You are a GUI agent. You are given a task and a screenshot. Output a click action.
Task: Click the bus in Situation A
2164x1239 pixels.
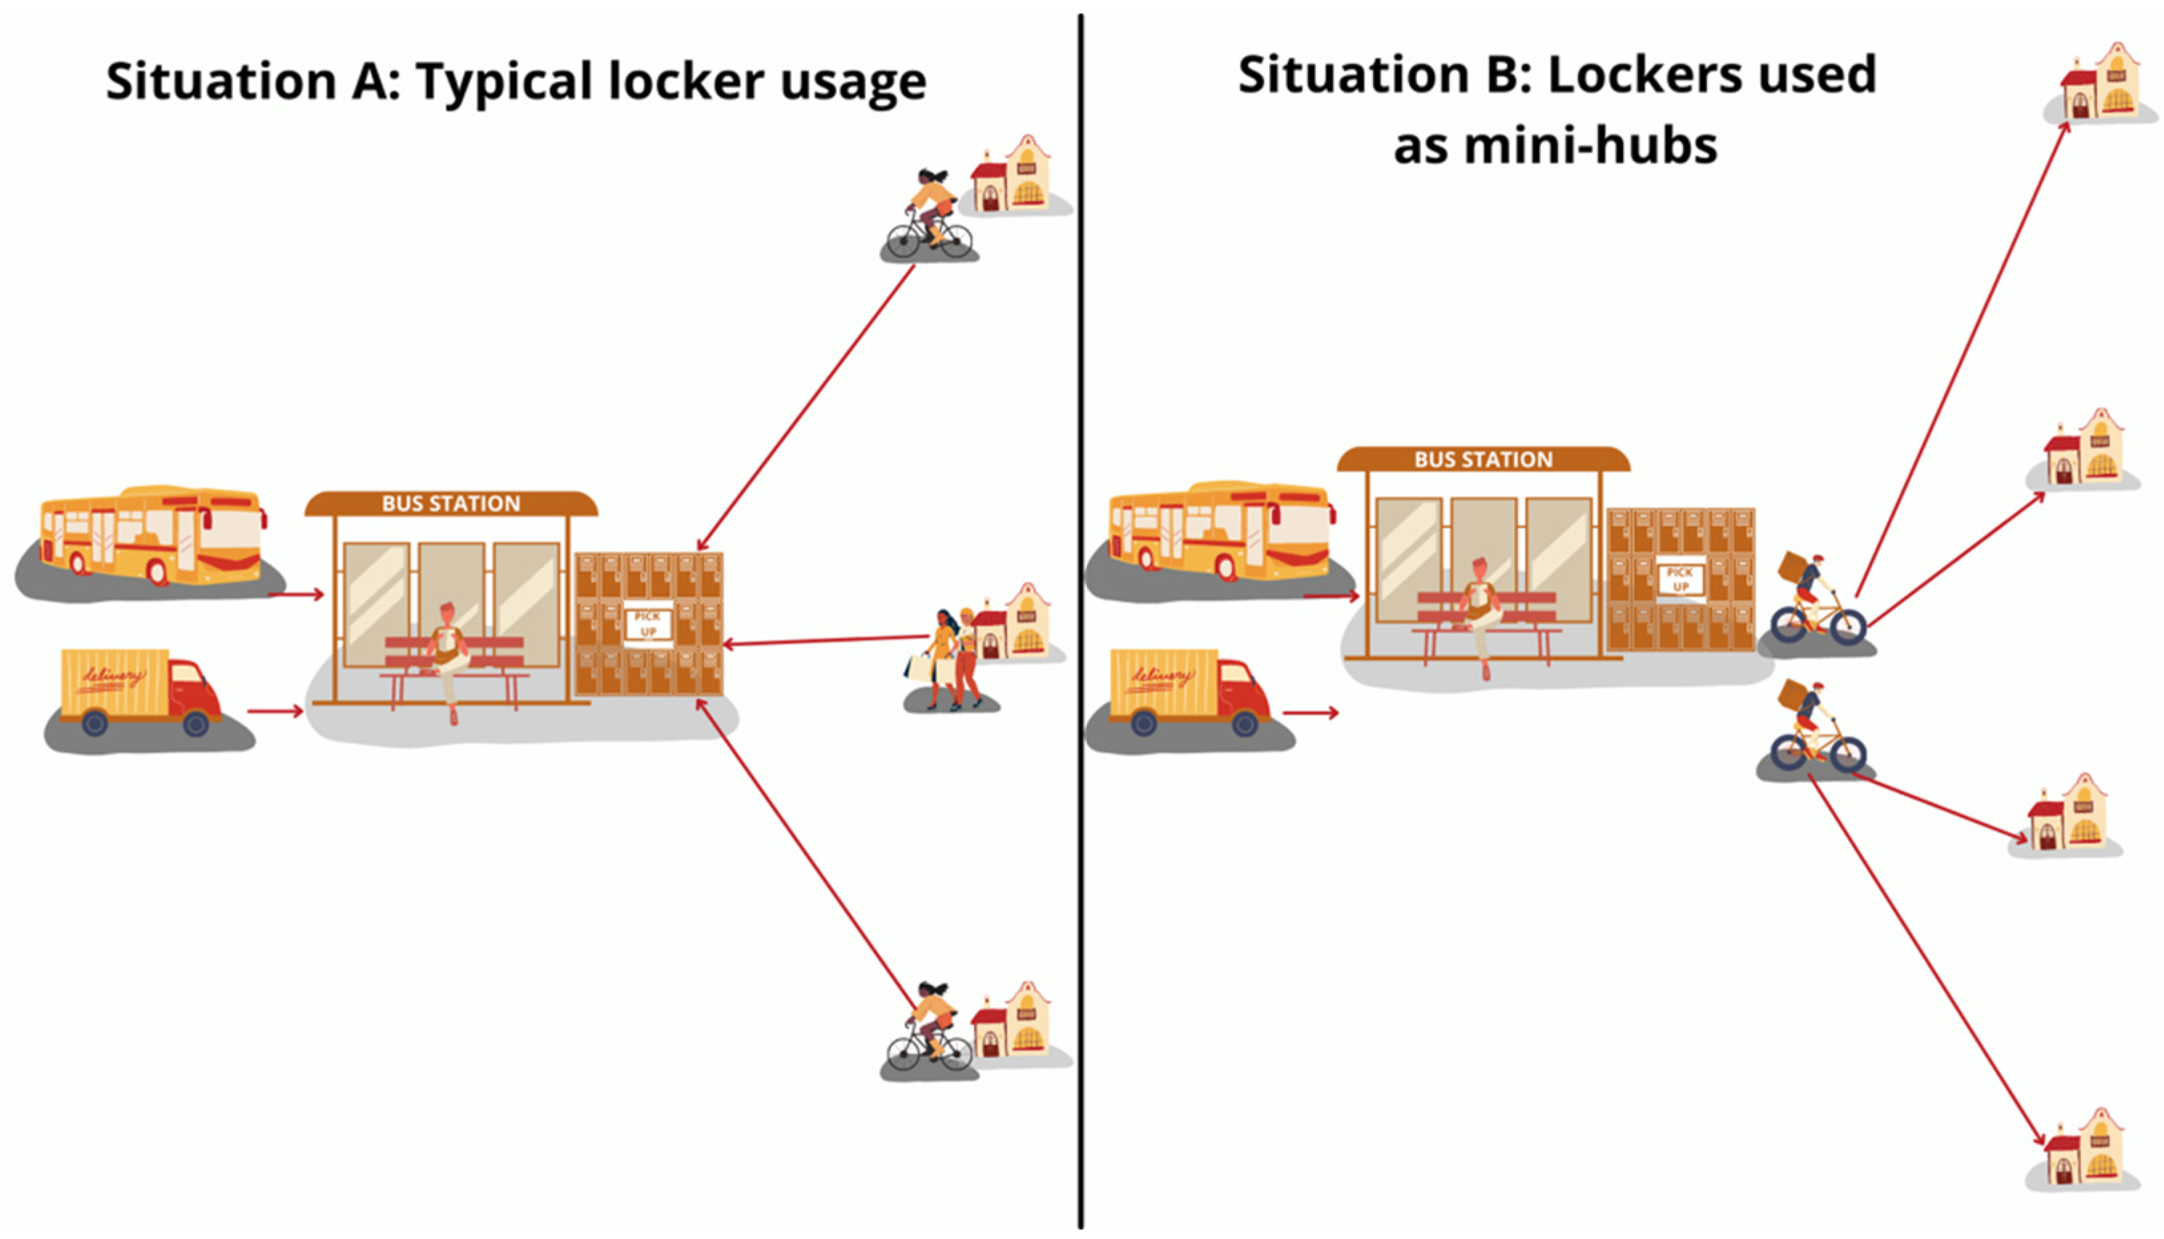(152, 536)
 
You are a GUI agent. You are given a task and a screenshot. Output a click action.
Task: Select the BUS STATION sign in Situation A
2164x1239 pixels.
(451, 503)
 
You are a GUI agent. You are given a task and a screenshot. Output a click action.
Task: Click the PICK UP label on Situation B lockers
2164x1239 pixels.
(1680, 579)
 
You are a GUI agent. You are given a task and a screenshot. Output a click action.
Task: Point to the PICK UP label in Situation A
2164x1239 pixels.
(649, 624)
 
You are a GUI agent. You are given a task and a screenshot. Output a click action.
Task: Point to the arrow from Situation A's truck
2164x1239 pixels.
(274, 710)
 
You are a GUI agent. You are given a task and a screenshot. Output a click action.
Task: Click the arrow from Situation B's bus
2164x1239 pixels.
(1330, 596)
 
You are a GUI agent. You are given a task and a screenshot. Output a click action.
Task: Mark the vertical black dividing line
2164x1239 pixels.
(1081, 621)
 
